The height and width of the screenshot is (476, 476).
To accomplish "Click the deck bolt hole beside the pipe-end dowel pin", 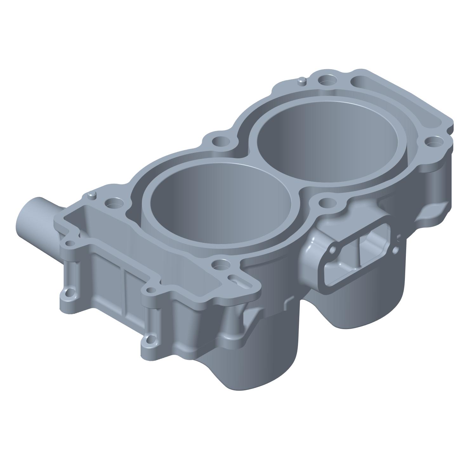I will [113, 203].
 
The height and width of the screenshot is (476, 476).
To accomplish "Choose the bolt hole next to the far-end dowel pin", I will [326, 81].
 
